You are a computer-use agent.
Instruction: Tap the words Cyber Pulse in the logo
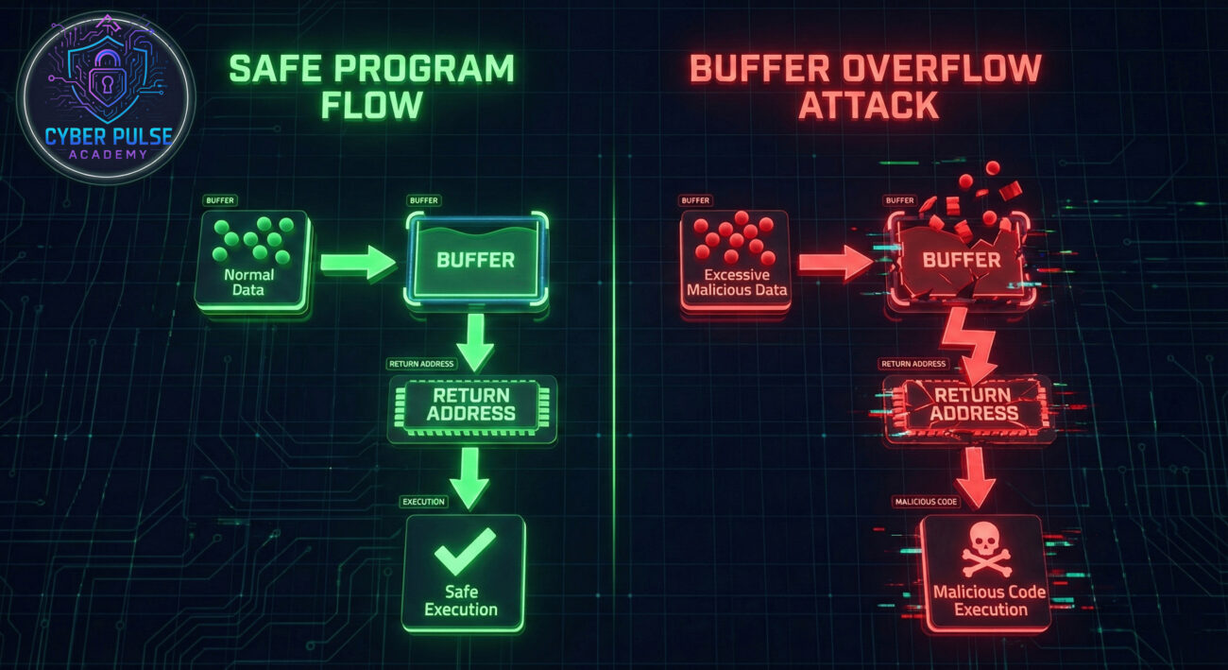coord(109,138)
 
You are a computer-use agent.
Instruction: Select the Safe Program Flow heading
coord(370,86)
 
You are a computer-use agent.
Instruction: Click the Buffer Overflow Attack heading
coord(865,86)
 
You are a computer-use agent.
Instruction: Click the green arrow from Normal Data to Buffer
coord(357,262)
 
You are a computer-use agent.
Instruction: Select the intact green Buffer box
coord(475,259)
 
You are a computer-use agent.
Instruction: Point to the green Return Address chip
coord(471,404)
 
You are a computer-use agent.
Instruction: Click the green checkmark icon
coord(464,551)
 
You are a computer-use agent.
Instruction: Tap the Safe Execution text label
coord(462,601)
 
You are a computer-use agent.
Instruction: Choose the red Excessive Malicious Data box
coord(734,259)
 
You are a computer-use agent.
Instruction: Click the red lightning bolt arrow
coord(969,340)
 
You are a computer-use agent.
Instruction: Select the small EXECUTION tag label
coord(423,502)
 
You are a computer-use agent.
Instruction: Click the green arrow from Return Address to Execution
coord(469,476)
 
